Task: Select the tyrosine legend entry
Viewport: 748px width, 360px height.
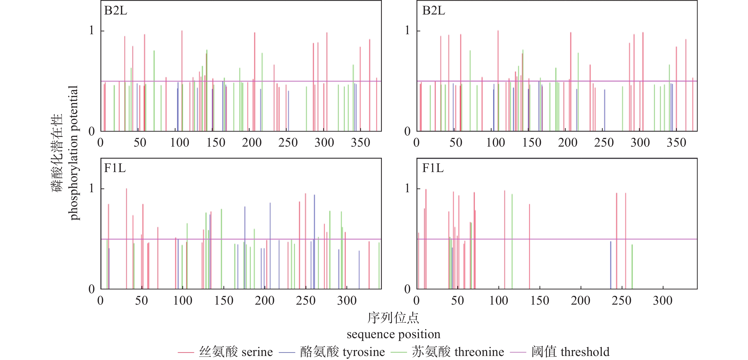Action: coord(342,352)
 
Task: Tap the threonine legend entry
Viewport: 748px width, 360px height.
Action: coord(458,352)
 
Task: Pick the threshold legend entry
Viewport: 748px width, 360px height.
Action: coord(570,352)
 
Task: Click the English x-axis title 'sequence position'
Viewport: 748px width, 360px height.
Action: coord(393,334)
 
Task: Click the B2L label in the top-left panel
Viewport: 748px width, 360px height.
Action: coord(116,11)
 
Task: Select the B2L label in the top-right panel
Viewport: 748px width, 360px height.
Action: coord(434,11)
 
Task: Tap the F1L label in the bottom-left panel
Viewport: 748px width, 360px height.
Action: coord(115,168)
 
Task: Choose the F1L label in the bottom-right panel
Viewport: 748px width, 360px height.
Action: coord(433,168)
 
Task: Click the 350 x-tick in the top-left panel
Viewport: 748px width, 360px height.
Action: coord(360,143)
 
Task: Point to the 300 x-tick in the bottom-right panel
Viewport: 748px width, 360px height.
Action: coord(663,300)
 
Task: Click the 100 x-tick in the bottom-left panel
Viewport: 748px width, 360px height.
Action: coord(183,300)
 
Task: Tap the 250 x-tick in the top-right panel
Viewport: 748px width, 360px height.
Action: coord(604,143)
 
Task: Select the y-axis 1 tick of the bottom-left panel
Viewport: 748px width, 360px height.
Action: coord(91,189)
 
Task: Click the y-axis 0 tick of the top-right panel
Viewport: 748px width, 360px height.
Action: coord(407,131)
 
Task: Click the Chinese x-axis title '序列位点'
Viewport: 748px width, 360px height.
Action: coord(393,318)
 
